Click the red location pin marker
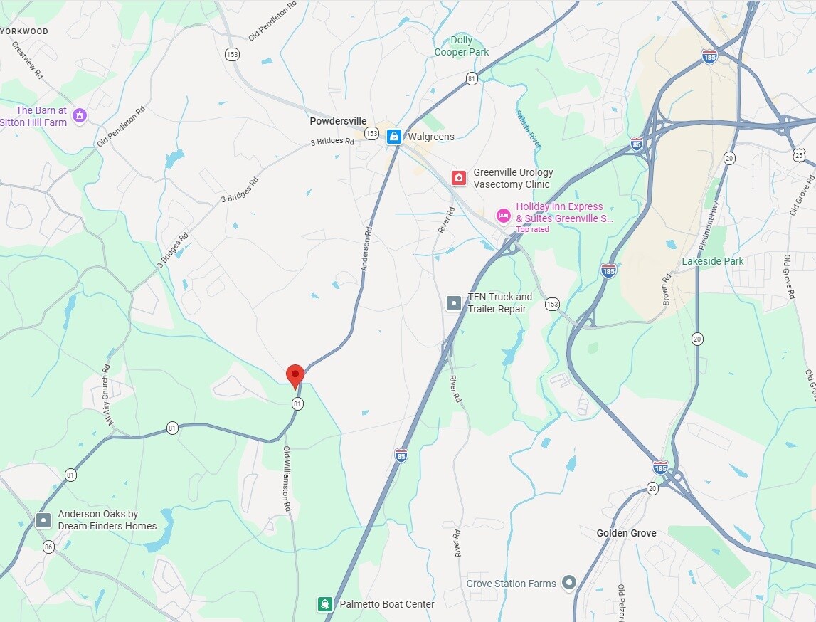(295, 375)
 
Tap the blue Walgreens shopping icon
(393, 136)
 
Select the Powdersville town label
(338, 121)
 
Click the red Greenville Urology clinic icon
(459, 178)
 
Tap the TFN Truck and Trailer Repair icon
(454, 303)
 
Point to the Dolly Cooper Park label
(462, 46)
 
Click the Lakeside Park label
(713, 261)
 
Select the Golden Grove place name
(626, 533)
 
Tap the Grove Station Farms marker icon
(568, 584)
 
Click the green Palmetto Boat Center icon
(325, 604)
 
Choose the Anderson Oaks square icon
(44, 520)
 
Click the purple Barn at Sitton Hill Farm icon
(80, 115)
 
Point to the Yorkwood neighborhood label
(26, 31)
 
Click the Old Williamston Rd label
(287, 480)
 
